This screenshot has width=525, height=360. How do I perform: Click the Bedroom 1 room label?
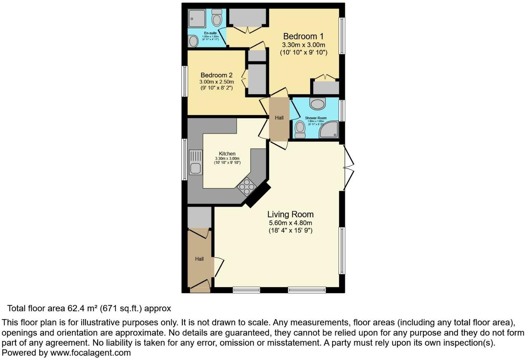(x=303, y=36)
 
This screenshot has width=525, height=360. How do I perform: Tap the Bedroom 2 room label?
(x=216, y=75)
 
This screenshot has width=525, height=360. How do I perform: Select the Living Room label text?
(x=290, y=214)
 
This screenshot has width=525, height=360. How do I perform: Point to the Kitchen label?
(x=227, y=153)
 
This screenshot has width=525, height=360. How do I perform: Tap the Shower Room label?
(x=316, y=118)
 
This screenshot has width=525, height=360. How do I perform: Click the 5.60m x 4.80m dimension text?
(x=290, y=223)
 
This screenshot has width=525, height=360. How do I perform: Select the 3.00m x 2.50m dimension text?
(x=216, y=82)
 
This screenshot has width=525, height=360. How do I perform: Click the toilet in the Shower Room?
(x=300, y=129)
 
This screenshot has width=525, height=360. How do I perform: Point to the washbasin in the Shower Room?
(x=317, y=104)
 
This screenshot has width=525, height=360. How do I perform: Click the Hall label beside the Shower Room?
(x=279, y=118)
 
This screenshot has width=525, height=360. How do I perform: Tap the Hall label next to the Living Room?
(x=199, y=259)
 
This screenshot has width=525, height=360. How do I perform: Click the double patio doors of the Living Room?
(x=349, y=167)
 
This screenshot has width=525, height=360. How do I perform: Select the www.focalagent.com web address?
(x=90, y=353)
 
